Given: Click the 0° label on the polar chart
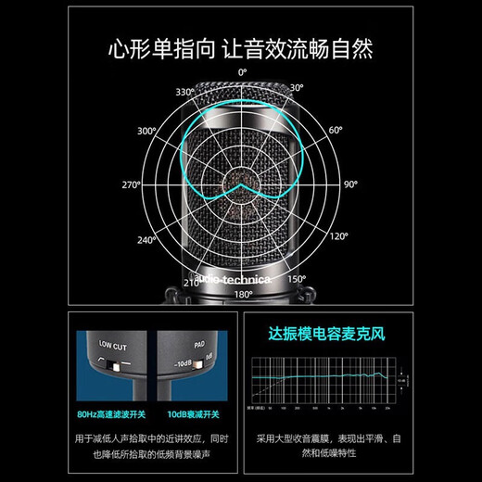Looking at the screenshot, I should pyautogui.click(x=243, y=71).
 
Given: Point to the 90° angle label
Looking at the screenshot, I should pyautogui.click(x=349, y=185).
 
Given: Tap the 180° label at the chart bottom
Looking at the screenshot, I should pyautogui.click(x=243, y=294).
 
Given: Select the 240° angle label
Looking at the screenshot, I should pyautogui.click(x=146, y=240).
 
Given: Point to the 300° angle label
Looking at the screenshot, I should pyautogui.click(x=146, y=132).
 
